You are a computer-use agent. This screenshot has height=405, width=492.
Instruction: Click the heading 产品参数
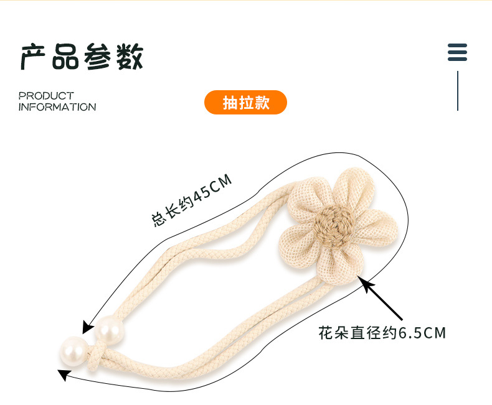click(82, 57)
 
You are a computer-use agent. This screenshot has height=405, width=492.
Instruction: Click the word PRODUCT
click(46, 96)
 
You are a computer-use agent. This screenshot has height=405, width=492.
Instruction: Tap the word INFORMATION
click(57, 107)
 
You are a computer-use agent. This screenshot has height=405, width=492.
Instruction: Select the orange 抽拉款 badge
click(245, 103)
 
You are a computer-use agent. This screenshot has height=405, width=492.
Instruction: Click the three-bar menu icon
click(457, 52)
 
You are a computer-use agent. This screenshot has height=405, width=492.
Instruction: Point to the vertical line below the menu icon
click(458, 90)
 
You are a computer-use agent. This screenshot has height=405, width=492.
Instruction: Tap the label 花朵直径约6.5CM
click(382, 333)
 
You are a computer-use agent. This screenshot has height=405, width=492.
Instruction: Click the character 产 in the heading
click(34, 57)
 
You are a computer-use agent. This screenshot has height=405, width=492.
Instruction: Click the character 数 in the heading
click(129, 57)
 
